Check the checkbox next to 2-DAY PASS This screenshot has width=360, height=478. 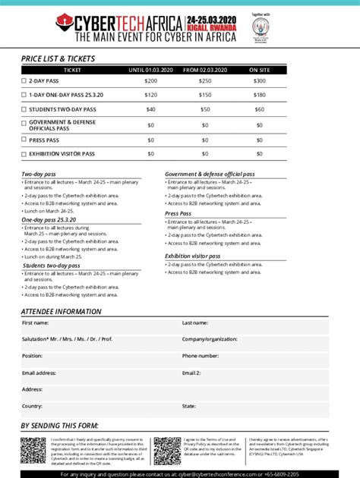(x=24, y=80)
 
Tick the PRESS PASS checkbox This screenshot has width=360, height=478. (x=24, y=140)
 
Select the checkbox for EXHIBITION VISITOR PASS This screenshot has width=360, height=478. (x=24, y=154)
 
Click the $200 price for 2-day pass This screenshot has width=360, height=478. (x=151, y=80)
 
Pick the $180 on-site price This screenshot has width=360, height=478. (x=260, y=95)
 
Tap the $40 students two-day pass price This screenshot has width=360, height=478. (x=151, y=109)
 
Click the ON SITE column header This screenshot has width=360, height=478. (x=260, y=70)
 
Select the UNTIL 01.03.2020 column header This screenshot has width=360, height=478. (x=151, y=70)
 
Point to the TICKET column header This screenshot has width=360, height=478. (x=72, y=70)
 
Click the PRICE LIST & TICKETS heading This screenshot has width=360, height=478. (x=58, y=58)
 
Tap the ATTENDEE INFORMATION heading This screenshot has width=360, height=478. (x=61, y=312)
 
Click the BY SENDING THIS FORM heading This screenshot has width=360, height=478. (x=59, y=426)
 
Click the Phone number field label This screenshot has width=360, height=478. (x=201, y=356)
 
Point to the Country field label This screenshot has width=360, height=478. (x=33, y=406)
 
